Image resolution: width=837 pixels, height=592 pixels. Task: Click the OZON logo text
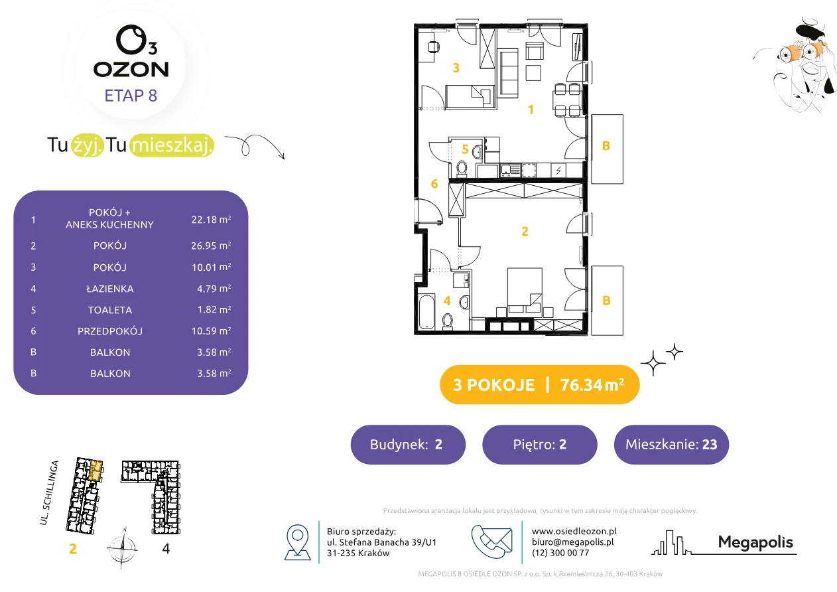(x=131, y=70)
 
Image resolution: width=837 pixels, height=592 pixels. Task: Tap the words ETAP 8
(x=131, y=96)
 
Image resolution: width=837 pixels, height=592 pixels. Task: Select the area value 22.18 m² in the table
(x=211, y=220)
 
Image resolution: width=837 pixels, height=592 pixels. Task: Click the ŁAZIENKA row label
(x=110, y=289)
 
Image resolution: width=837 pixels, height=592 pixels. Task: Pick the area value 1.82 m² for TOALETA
(x=214, y=310)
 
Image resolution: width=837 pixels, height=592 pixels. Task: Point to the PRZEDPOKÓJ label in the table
(x=110, y=331)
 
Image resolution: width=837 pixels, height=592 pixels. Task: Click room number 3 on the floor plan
(x=456, y=68)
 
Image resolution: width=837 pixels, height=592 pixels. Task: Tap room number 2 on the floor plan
(x=525, y=232)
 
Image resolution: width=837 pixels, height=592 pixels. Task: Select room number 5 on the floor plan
(x=465, y=149)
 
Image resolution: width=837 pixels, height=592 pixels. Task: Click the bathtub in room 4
(x=426, y=311)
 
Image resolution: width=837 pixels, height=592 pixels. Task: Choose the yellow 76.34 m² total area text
(x=592, y=385)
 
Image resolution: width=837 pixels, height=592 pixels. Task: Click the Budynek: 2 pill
(x=408, y=445)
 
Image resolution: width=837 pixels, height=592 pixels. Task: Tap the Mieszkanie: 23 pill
(x=671, y=445)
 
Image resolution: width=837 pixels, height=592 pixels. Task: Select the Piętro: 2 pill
(x=540, y=445)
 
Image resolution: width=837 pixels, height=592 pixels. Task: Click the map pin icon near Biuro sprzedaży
(x=297, y=542)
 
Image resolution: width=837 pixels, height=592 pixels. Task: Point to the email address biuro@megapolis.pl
(x=572, y=542)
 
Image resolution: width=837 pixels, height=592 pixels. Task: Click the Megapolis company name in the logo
(x=755, y=542)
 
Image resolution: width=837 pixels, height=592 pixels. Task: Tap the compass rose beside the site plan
(x=122, y=549)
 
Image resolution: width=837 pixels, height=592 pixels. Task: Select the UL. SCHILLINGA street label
(x=49, y=492)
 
